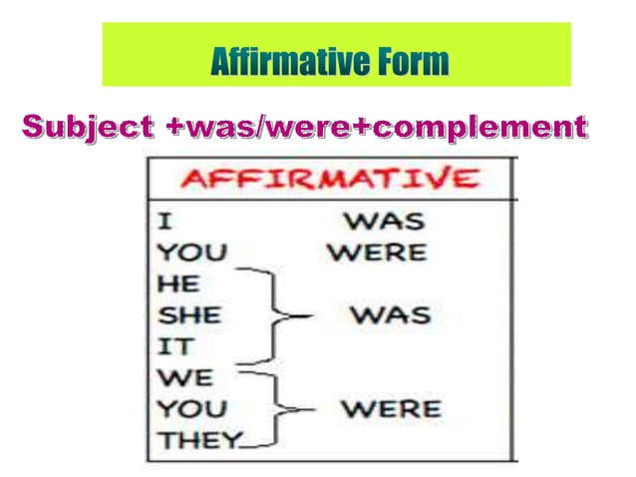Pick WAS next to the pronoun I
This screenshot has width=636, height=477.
(x=384, y=221)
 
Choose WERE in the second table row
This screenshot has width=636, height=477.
(x=377, y=250)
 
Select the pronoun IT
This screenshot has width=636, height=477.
(x=171, y=346)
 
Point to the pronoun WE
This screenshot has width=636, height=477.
(x=179, y=377)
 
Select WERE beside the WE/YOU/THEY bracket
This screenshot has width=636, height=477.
(x=390, y=408)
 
